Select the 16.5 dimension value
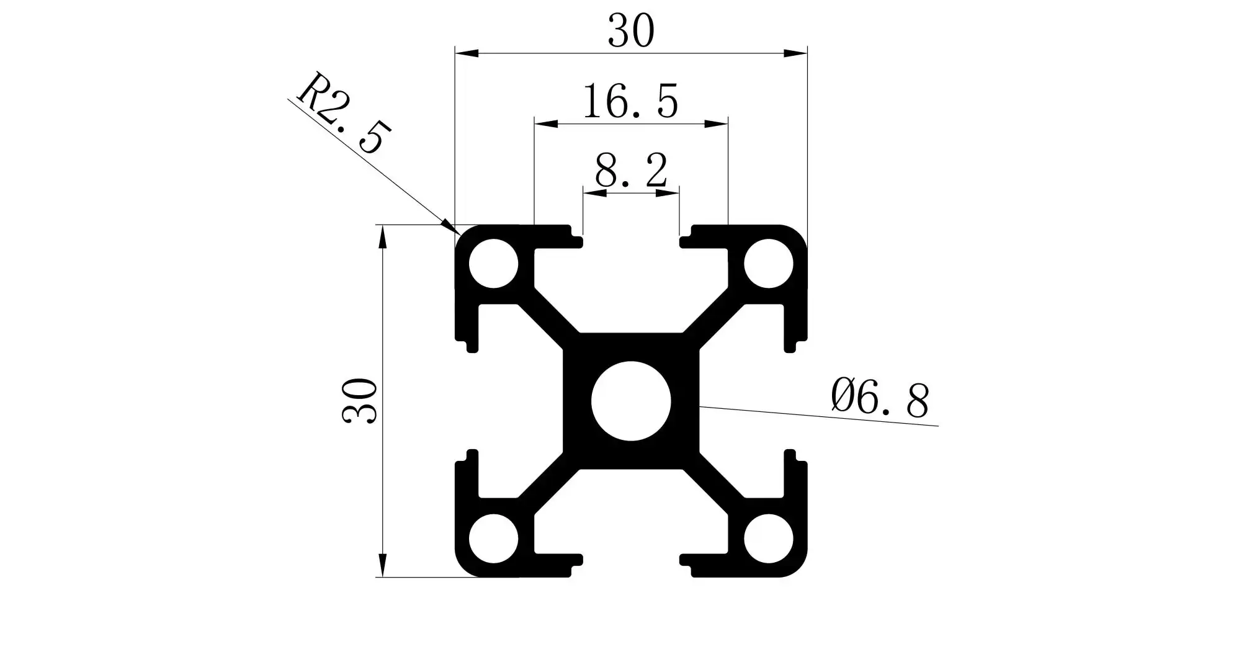point(630,102)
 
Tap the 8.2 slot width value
point(631,171)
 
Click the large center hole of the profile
point(631,401)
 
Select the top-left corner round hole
point(493,264)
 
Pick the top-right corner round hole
point(769,264)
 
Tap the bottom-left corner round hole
point(493,538)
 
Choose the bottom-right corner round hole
point(769,538)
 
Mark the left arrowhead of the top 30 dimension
point(465,53)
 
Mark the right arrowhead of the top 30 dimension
point(797,53)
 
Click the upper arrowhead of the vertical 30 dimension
point(383,236)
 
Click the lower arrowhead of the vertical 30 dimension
point(383,566)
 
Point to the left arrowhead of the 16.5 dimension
point(545,124)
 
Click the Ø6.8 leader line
point(819,416)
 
